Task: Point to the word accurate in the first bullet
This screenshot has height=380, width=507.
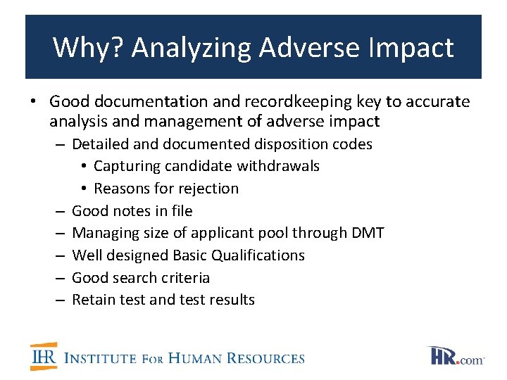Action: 437,102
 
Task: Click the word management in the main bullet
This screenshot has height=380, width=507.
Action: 179,122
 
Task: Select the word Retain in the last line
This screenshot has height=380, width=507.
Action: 93,300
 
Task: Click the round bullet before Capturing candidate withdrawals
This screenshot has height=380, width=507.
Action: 84,167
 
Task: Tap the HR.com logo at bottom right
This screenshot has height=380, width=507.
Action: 456,356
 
